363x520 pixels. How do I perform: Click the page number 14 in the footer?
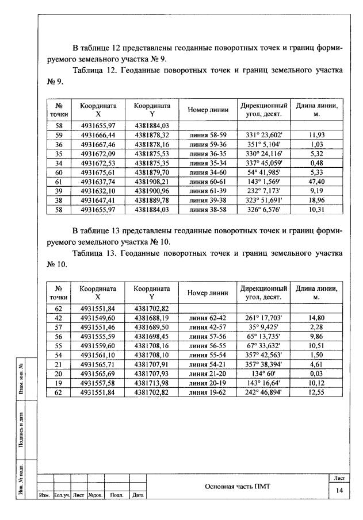point(339,491)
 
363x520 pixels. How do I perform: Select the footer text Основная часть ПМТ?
point(237,486)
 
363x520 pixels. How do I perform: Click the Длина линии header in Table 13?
point(316,292)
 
